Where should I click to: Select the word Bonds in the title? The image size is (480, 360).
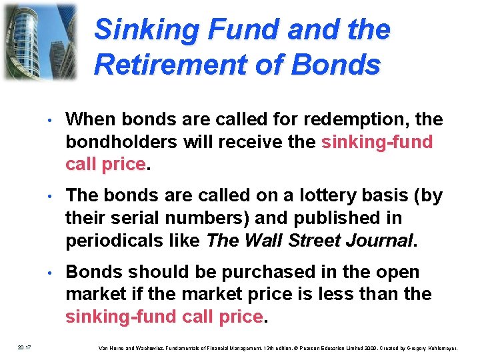pyautogui.click(x=337, y=65)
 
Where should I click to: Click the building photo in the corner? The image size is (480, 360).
pyautogui.click(x=40, y=40)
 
